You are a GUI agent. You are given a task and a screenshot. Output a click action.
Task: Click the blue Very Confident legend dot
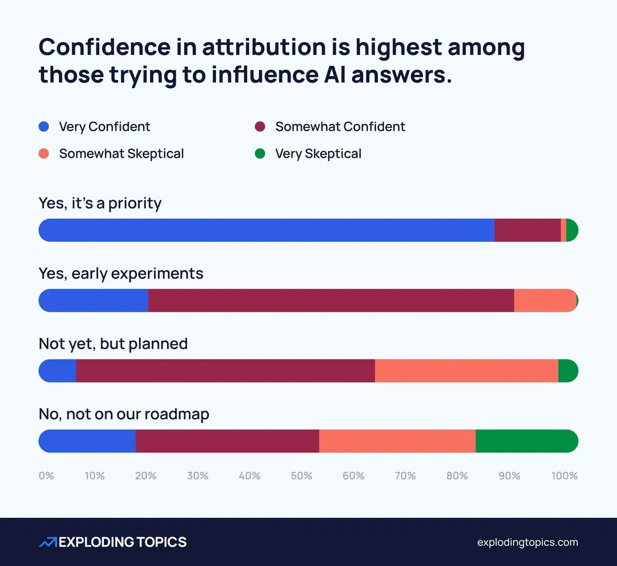click(x=44, y=126)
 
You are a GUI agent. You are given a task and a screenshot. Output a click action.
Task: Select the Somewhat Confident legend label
click(x=340, y=126)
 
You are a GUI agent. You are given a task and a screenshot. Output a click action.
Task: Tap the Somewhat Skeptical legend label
click(x=121, y=154)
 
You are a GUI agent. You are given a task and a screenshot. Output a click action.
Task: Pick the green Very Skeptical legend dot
click(x=260, y=154)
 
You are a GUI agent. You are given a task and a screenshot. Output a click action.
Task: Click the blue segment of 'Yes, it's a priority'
click(x=266, y=230)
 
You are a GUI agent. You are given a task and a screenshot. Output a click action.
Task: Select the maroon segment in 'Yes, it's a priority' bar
click(x=528, y=230)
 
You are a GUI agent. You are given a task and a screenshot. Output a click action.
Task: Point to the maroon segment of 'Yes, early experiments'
click(x=331, y=300)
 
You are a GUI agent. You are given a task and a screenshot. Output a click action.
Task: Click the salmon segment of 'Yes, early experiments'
click(x=545, y=300)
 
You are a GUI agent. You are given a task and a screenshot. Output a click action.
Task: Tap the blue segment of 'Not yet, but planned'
click(x=58, y=371)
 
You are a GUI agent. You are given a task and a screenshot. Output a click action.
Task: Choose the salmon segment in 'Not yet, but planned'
click(x=466, y=371)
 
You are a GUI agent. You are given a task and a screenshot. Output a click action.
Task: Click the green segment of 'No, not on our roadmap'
click(x=527, y=441)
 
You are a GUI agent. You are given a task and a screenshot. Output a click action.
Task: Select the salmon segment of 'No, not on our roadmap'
click(x=397, y=441)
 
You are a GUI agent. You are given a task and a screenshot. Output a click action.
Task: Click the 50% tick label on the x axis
click(x=301, y=476)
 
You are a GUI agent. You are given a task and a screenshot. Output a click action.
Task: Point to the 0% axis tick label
click(x=46, y=476)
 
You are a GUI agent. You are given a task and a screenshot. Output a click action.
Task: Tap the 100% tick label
click(x=564, y=476)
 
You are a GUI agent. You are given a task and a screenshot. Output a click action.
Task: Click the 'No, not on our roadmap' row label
click(x=124, y=414)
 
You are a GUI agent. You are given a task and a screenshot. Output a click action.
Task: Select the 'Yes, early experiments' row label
click(x=121, y=273)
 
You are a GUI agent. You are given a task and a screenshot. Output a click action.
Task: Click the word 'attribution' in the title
click(x=263, y=47)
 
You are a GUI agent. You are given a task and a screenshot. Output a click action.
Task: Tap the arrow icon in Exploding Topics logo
click(x=48, y=542)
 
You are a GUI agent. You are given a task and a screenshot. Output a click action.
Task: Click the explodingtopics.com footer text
click(x=527, y=542)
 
